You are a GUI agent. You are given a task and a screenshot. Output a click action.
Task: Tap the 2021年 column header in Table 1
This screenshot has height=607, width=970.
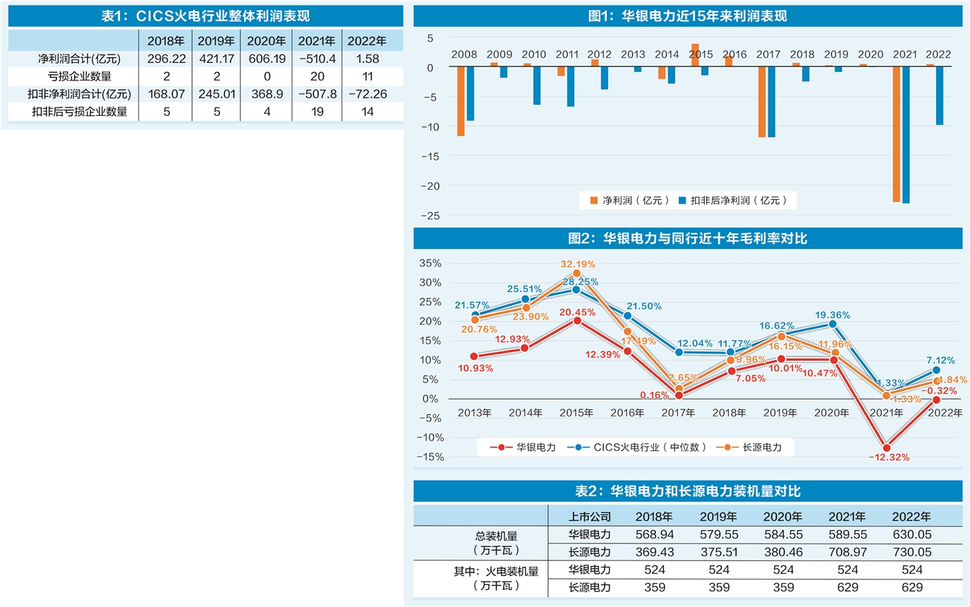pos(317,40)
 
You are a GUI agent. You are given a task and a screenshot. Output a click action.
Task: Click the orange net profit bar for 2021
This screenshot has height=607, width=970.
pos(897,135)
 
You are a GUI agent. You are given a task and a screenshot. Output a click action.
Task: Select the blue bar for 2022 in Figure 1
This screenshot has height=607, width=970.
pos(939,96)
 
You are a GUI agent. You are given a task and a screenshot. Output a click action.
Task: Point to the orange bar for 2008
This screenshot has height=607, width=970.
pos(461,101)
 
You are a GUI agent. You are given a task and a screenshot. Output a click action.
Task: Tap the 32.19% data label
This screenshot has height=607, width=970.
pos(578,264)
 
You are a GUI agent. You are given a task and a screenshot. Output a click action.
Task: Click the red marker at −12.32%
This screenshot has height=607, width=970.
pos(887,447)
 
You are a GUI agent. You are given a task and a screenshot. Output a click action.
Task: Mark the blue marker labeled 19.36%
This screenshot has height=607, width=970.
pos(832,324)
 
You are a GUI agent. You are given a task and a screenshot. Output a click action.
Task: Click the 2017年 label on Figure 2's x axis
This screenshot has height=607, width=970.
pos(679,413)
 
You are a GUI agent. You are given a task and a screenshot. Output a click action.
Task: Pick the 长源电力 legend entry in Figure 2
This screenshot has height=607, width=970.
pos(755,447)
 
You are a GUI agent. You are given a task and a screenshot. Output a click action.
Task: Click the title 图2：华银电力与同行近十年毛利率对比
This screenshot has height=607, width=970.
pos(688,239)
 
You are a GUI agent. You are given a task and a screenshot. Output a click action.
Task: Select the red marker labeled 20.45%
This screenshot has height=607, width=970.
pos(577,320)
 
